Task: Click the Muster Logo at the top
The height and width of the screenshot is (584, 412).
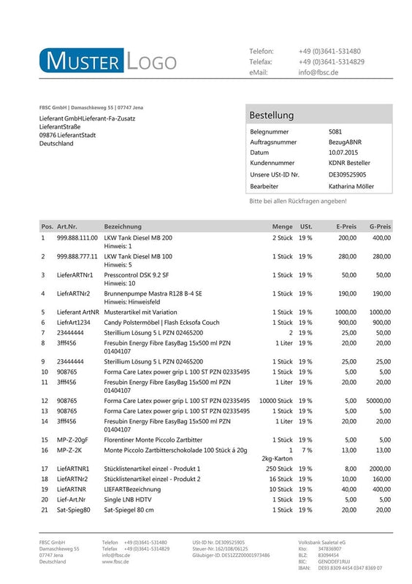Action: click(x=108, y=61)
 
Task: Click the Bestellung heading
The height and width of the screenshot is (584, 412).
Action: click(x=271, y=115)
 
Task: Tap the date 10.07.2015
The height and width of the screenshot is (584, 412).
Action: click(x=343, y=153)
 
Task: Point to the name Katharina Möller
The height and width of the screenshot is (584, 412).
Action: click(x=351, y=186)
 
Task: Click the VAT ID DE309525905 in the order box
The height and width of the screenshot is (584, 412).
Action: click(x=347, y=175)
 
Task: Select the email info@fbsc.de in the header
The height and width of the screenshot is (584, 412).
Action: click(x=320, y=73)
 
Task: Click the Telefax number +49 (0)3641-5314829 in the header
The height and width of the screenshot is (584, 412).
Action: click(x=331, y=62)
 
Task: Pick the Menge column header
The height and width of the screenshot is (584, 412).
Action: click(x=282, y=226)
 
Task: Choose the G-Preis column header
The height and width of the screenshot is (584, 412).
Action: click(x=380, y=226)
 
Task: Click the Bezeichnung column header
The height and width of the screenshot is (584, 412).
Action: click(x=123, y=226)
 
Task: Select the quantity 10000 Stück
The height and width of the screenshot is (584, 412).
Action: click(x=275, y=401)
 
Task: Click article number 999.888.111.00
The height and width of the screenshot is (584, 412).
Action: click(x=77, y=238)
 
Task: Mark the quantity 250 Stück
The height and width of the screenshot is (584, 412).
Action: click(x=279, y=468)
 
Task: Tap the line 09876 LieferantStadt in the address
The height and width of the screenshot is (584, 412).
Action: click(x=68, y=135)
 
